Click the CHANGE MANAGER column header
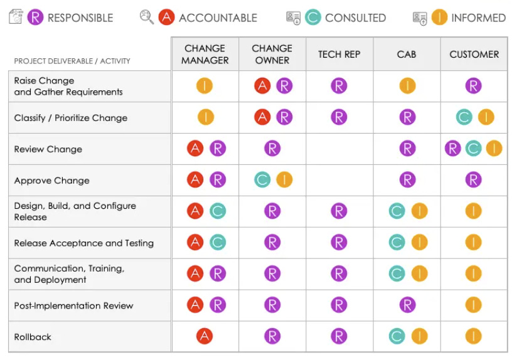pyautogui.click(x=205, y=55)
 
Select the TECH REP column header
pyautogui.click(x=339, y=55)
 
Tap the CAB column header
pyautogui.click(x=407, y=55)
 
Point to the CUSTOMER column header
pyautogui.click(x=474, y=55)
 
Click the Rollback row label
pyautogui.click(x=33, y=337)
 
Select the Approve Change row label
pyautogui.click(x=51, y=181)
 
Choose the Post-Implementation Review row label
pyautogui.click(x=73, y=305)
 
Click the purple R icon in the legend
pyautogui.click(x=36, y=18)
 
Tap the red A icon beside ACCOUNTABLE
pyautogui.click(x=166, y=18)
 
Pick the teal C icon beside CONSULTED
pyautogui.click(x=312, y=18)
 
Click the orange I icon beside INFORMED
pyautogui.click(x=439, y=18)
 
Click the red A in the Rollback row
pyautogui.click(x=205, y=336)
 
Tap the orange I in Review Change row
pyautogui.click(x=494, y=149)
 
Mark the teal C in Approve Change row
pyautogui.click(x=263, y=180)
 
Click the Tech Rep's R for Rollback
pyautogui.click(x=339, y=336)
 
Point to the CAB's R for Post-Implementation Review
pyautogui.click(x=407, y=305)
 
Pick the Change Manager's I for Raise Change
pyautogui.click(x=205, y=85)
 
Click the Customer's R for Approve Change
pyautogui.click(x=474, y=180)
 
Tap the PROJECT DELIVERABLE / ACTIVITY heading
pyautogui.click(x=72, y=61)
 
